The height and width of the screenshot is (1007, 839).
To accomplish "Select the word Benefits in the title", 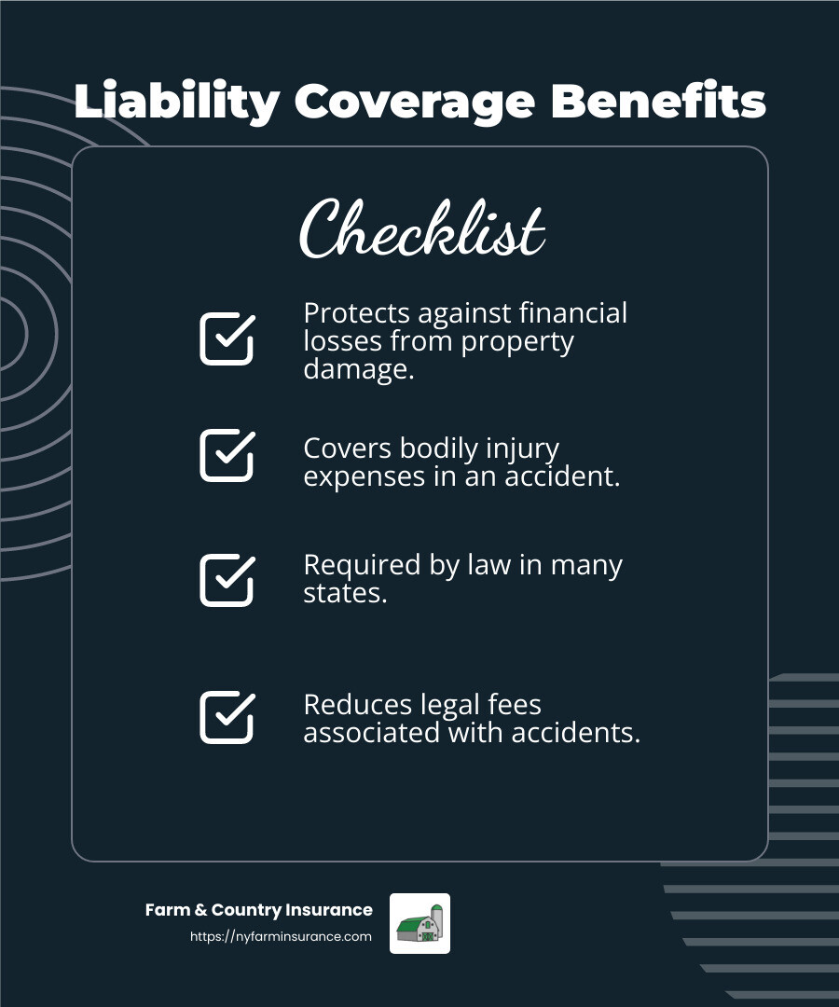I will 658,102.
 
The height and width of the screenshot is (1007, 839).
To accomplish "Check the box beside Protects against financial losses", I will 227,338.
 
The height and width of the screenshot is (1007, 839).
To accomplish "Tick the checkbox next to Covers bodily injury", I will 227,455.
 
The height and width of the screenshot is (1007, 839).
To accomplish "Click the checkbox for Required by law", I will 227,580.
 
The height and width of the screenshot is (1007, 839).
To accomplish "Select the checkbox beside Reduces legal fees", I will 227,717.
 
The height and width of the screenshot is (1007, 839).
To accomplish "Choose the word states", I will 345,593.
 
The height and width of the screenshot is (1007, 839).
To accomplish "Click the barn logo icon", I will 419,923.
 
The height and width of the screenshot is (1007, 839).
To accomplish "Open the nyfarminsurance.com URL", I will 281,937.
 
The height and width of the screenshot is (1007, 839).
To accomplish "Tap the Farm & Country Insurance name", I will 258,910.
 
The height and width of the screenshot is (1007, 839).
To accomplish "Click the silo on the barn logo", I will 436,921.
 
